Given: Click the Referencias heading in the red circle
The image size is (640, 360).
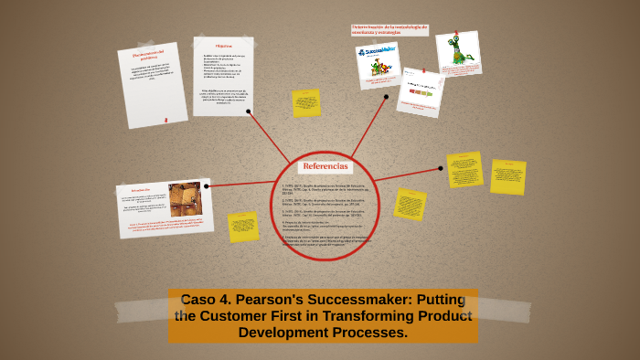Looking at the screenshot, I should tap(325, 166).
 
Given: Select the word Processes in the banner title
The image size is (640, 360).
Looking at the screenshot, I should tap(367, 332).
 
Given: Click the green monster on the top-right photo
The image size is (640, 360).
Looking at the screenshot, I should tap(456, 50).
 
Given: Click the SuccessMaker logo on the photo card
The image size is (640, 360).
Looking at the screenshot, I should tap(378, 54).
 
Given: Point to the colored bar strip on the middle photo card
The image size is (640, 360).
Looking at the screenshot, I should tap(420, 92).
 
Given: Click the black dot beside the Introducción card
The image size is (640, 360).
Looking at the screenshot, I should tap(207, 186).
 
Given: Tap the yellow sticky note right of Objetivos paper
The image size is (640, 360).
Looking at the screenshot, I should tap(305, 102).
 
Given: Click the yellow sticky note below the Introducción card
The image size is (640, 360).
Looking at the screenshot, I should tap(242, 226).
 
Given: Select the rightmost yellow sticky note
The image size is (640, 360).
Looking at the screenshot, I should tap(507, 176).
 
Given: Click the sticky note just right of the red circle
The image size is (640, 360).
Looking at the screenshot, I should tap(410, 204).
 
